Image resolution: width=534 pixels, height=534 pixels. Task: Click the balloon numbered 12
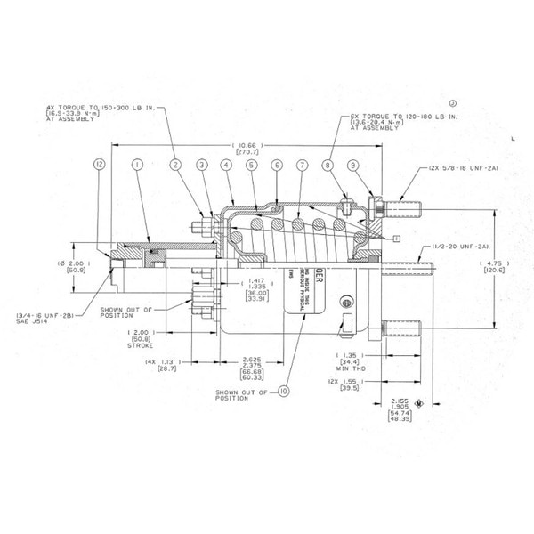pyautogui.click(x=100, y=165)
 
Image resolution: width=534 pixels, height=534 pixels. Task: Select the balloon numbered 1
pyautogui.click(x=137, y=165)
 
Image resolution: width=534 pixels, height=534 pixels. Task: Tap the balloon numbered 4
pyautogui.click(x=227, y=165)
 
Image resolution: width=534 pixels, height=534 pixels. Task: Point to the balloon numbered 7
pyautogui.click(x=303, y=165)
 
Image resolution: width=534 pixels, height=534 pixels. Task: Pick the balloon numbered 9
pyautogui.click(x=353, y=165)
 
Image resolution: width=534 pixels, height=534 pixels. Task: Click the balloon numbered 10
pyautogui.click(x=284, y=389)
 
